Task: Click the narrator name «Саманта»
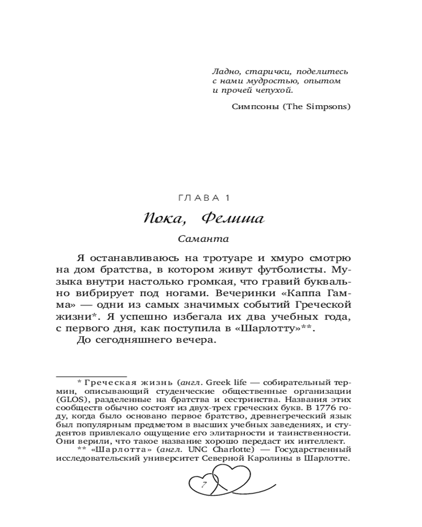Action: pos(203,239)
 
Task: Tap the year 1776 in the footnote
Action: pos(323,407)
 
